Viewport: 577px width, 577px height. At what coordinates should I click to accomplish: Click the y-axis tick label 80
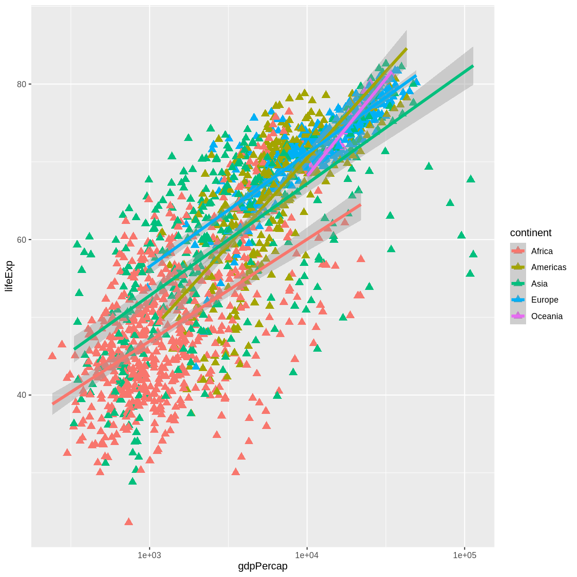tap(21, 84)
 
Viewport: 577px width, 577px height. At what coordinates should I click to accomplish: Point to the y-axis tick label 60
tap(21, 239)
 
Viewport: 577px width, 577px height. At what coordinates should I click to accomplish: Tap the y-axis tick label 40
tap(21, 395)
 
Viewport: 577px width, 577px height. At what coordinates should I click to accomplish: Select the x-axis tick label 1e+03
tap(149, 555)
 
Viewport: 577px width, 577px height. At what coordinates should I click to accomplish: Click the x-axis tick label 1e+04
tap(307, 555)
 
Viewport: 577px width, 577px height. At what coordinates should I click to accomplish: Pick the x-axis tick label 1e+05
tap(465, 555)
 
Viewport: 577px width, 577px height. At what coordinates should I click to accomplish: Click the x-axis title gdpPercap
tap(263, 566)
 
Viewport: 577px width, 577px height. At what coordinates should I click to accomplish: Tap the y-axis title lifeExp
tap(9, 276)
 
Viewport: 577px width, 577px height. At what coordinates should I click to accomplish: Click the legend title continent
tap(531, 233)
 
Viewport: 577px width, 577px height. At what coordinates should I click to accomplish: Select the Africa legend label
tap(542, 251)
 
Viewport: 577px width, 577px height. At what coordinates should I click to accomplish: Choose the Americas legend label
tap(549, 267)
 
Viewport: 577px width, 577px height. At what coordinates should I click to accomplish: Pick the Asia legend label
tap(539, 284)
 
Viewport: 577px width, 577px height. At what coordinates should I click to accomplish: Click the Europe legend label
tap(544, 300)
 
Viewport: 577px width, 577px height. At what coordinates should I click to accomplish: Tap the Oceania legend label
tap(547, 316)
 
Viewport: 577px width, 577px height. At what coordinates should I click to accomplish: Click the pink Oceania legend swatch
tap(518, 316)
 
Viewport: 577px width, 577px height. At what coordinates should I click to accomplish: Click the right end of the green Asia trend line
tap(473, 66)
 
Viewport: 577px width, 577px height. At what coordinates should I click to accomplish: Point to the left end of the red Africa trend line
tap(52, 404)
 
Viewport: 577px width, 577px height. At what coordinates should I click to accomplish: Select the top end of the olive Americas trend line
tap(406, 49)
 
